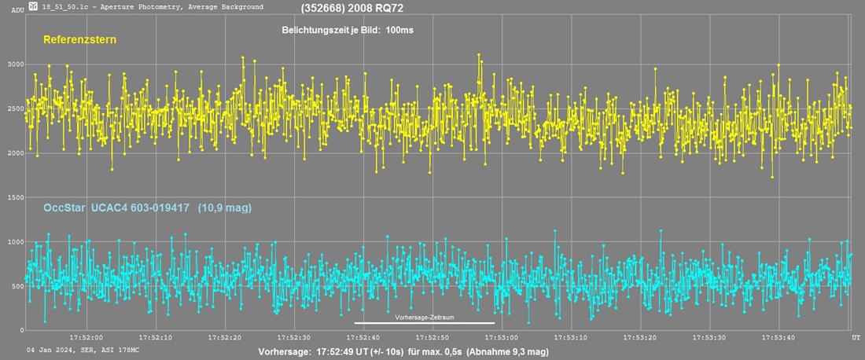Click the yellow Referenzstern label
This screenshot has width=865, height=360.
coord(75,39)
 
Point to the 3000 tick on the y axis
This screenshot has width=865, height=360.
coord(14,65)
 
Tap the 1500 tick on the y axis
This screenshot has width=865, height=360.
coord(14,198)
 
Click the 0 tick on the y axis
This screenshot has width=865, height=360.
coord(20,331)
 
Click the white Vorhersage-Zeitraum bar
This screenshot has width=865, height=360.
coord(425,323)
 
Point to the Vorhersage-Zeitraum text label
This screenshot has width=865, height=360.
coord(424,317)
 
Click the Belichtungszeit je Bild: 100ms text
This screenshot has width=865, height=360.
coord(348,30)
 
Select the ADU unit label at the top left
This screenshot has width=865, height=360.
coord(18,9)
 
